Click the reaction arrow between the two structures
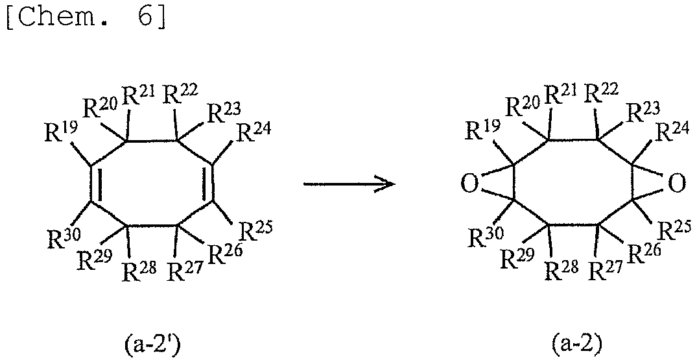click(349, 184)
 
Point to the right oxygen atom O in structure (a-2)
click(676, 184)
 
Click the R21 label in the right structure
click(561, 93)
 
